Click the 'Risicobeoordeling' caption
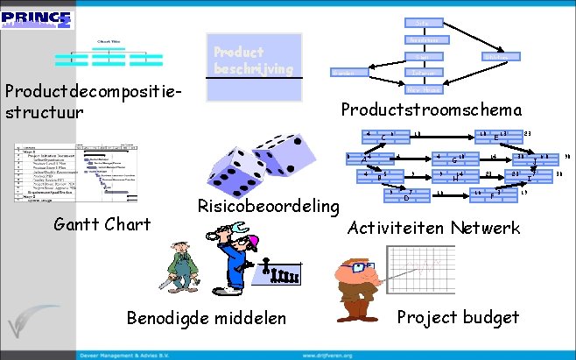click(267, 207)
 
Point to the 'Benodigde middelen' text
click(207, 317)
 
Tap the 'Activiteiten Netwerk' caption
click(433, 228)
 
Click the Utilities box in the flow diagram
click(502, 57)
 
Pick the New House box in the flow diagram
click(424, 89)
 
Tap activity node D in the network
click(406, 195)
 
